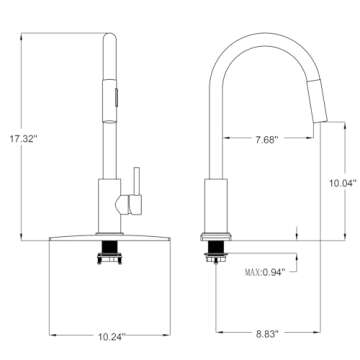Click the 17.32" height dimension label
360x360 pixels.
tap(23, 139)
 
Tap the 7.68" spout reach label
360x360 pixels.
tap(267, 140)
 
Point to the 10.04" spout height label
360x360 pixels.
tap(343, 183)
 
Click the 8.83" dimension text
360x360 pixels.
tap(267, 334)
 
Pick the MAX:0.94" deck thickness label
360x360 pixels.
tap(265, 272)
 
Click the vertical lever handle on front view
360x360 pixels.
tap(136, 181)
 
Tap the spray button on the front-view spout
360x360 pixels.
tap(117, 97)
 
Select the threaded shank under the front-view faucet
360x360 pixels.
tap(110, 247)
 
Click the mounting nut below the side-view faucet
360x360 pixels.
tap(216, 257)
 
